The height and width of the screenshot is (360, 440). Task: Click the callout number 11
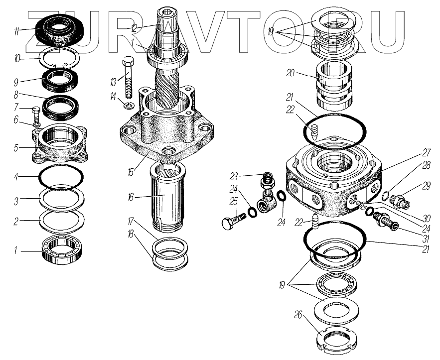pos(17,31)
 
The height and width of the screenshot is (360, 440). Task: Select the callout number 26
pos(297,314)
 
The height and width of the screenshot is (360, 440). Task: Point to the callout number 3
pos(16,201)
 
